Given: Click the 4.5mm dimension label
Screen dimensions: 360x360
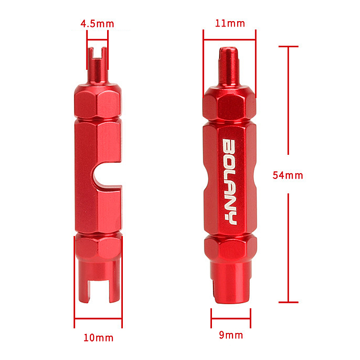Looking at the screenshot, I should tap(97, 23).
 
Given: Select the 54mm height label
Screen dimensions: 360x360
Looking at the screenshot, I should tap(288, 175).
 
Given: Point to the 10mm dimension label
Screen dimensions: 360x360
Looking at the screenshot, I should tap(99, 337).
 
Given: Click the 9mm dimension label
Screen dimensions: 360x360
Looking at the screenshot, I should tap(231, 335).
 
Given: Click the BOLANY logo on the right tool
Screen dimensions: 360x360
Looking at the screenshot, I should tap(230, 182).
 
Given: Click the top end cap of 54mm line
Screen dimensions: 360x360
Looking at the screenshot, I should tap(288, 46).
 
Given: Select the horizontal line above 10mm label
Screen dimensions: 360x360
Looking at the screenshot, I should tap(98, 319).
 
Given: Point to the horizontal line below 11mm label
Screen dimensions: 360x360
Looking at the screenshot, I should tap(229, 39).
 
